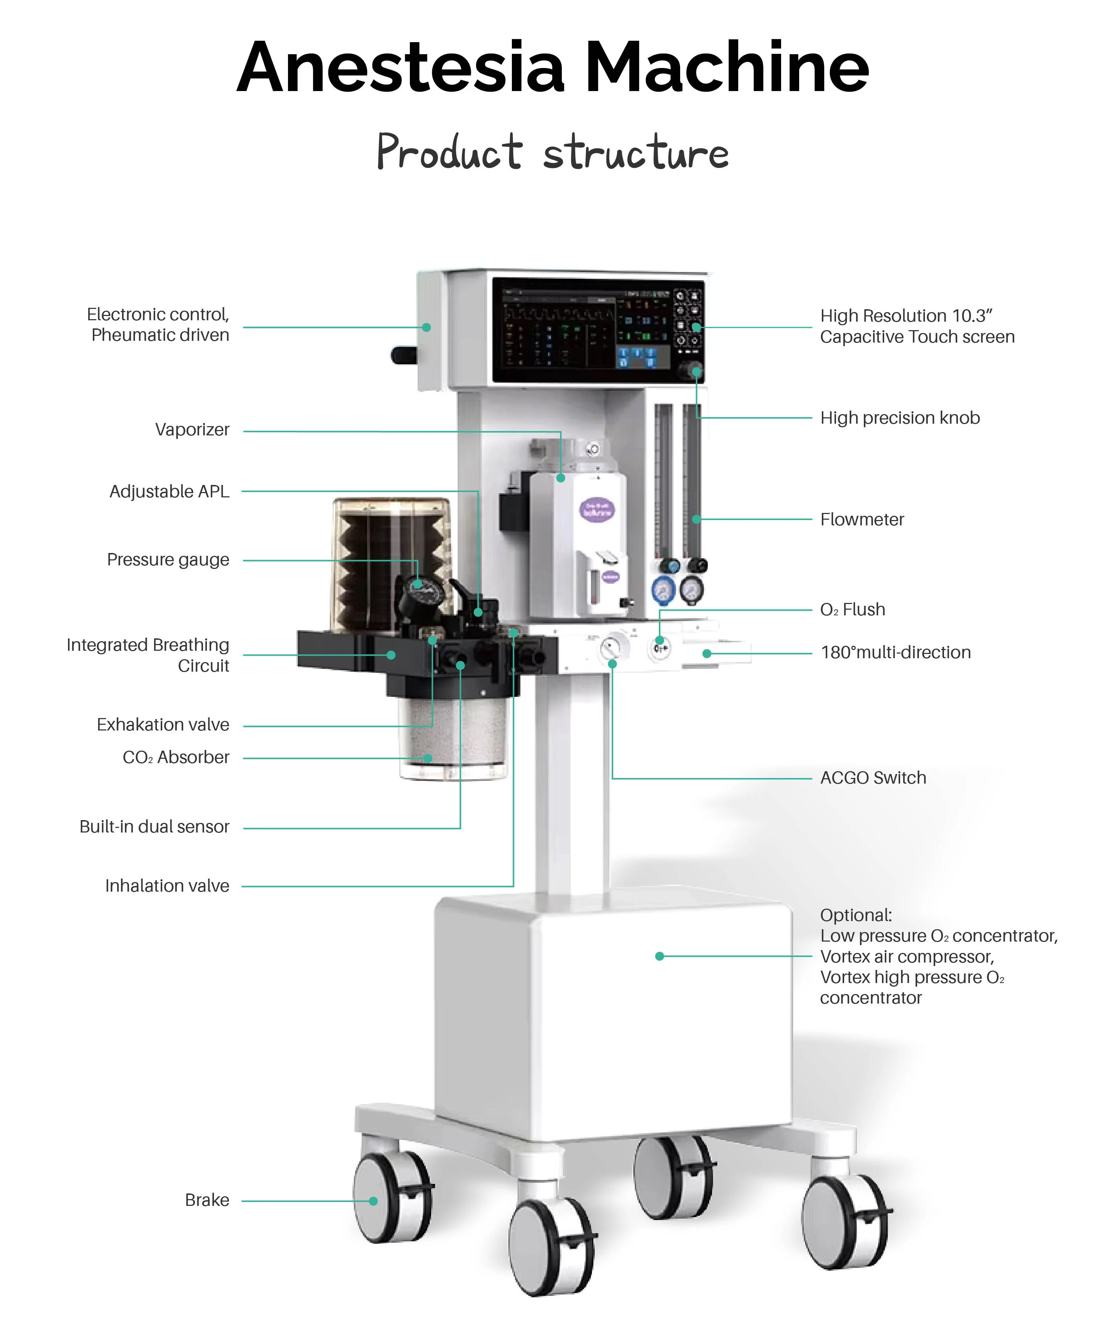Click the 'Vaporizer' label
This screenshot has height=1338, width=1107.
pyautogui.click(x=192, y=430)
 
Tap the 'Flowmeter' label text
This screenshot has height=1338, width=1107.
pyautogui.click(x=861, y=520)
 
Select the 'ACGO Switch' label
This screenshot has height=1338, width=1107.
pyautogui.click(x=872, y=778)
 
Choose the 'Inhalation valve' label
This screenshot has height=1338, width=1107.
pyautogui.click(x=167, y=886)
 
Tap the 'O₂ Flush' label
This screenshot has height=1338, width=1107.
pyautogui.click(x=852, y=610)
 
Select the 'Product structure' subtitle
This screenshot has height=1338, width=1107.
pyautogui.click(x=553, y=153)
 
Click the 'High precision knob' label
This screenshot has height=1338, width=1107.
pyautogui.click(x=899, y=418)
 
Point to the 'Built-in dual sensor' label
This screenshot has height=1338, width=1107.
pyautogui.click(x=154, y=827)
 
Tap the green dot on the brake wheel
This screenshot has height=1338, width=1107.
pyautogui.click(x=373, y=1201)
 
